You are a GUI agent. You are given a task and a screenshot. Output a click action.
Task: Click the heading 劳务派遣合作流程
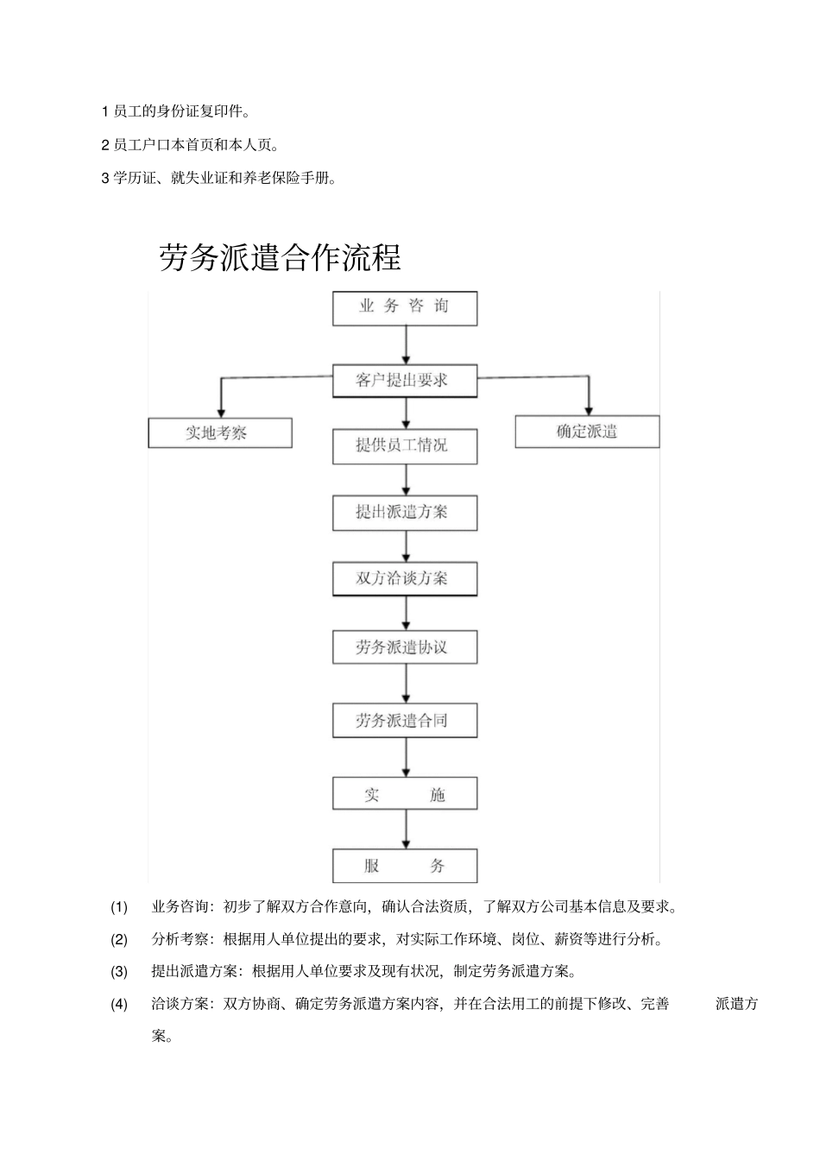280,257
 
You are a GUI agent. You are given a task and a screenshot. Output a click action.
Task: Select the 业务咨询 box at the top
405,307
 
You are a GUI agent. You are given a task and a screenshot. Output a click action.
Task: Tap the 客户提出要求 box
405,381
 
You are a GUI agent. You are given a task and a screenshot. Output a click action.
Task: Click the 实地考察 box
219,432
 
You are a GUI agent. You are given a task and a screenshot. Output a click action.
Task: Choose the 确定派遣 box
587,432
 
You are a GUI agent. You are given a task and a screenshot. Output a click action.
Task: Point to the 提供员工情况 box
405,446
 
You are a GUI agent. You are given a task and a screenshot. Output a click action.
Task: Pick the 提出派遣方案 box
405,513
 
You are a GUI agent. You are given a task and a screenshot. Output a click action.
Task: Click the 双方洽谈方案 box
405,579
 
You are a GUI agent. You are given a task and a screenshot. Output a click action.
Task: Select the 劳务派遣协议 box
405,647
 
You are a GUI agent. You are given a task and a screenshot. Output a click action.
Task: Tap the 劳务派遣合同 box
405,721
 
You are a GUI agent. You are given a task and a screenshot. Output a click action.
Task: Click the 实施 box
405,795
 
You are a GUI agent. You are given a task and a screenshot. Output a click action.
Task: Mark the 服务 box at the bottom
405,866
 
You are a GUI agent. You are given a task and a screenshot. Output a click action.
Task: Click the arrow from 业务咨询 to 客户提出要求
406,345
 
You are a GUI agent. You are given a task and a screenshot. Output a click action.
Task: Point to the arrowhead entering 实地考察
221,411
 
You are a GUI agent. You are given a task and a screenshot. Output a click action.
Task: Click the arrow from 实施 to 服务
406,830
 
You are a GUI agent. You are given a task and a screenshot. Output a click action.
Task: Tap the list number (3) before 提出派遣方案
119,971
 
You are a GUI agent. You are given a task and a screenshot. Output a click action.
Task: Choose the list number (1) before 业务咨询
119,906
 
